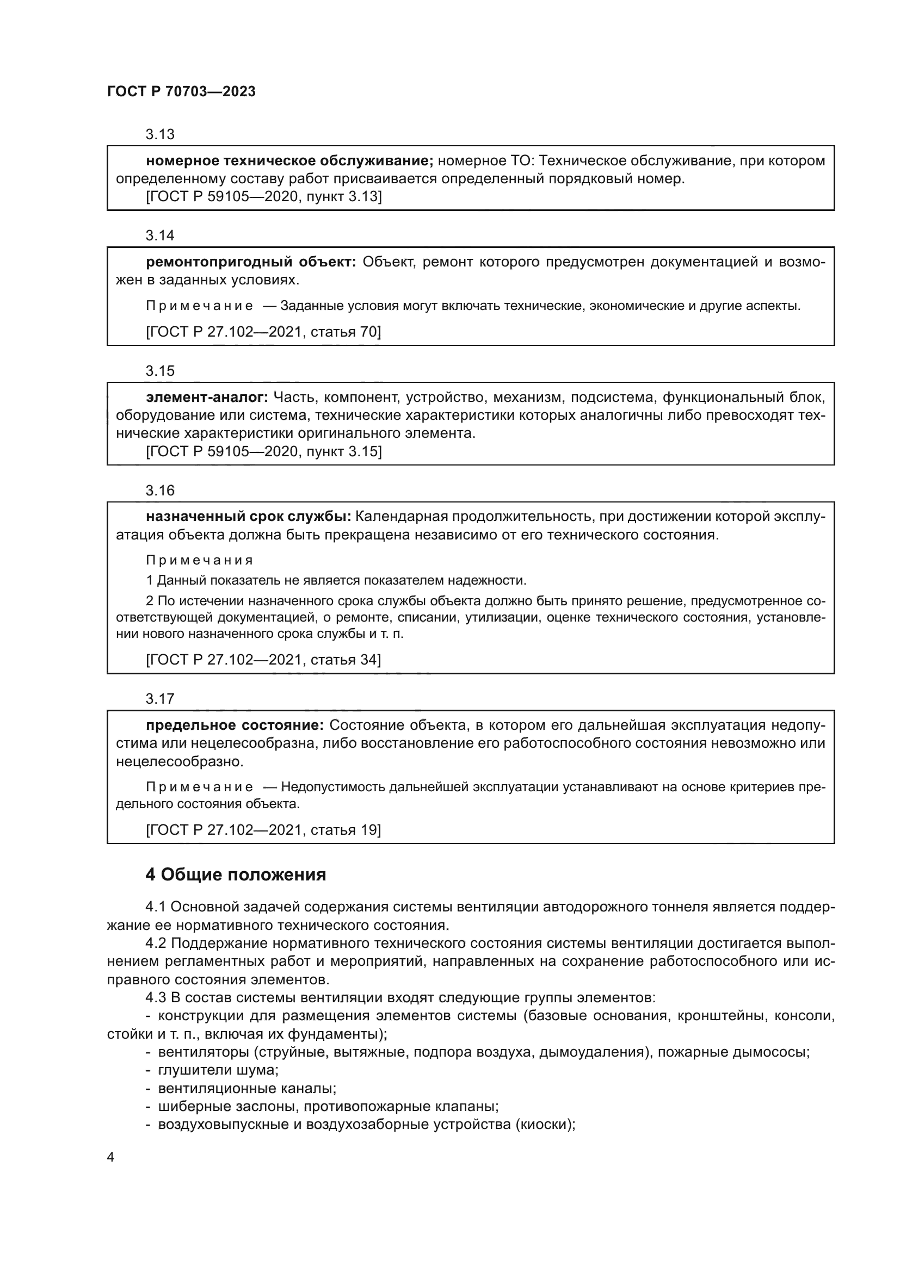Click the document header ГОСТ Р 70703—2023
(x=181, y=92)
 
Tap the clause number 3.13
(x=159, y=135)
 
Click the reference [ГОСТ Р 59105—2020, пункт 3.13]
(x=263, y=197)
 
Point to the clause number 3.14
(x=159, y=236)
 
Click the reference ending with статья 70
(x=263, y=332)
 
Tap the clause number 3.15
(x=159, y=371)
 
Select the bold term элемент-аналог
(x=207, y=397)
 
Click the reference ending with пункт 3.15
(x=263, y=451)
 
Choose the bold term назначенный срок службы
(x=248, y=517)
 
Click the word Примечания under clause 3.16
(x=200, y=561)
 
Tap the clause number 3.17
(x=159, y=699)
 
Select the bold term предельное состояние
(x=235, y=725)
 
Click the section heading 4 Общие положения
(x=236, y=875)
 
